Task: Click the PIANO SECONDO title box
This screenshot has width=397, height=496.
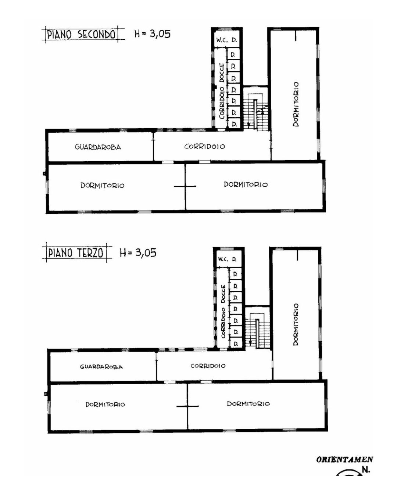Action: point(81,35)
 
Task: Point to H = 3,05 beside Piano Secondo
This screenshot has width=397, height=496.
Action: point(153,34)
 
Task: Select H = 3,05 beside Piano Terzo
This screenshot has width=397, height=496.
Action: point(138,253)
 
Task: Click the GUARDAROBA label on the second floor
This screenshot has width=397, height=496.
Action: point(98,147)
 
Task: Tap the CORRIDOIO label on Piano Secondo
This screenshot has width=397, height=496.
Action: point(205,146)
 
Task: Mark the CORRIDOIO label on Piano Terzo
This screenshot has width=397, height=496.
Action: point(208,366)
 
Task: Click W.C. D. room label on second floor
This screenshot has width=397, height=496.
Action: point(226,40)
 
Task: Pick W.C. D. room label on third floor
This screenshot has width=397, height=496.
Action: point(227,259)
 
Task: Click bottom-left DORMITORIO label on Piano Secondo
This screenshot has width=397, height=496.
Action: point(103,185)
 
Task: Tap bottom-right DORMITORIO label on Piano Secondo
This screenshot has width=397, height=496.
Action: point(246,184)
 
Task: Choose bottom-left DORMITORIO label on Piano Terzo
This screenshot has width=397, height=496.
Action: point(105,404)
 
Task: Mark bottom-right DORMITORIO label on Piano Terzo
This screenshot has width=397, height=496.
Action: point(248,403)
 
